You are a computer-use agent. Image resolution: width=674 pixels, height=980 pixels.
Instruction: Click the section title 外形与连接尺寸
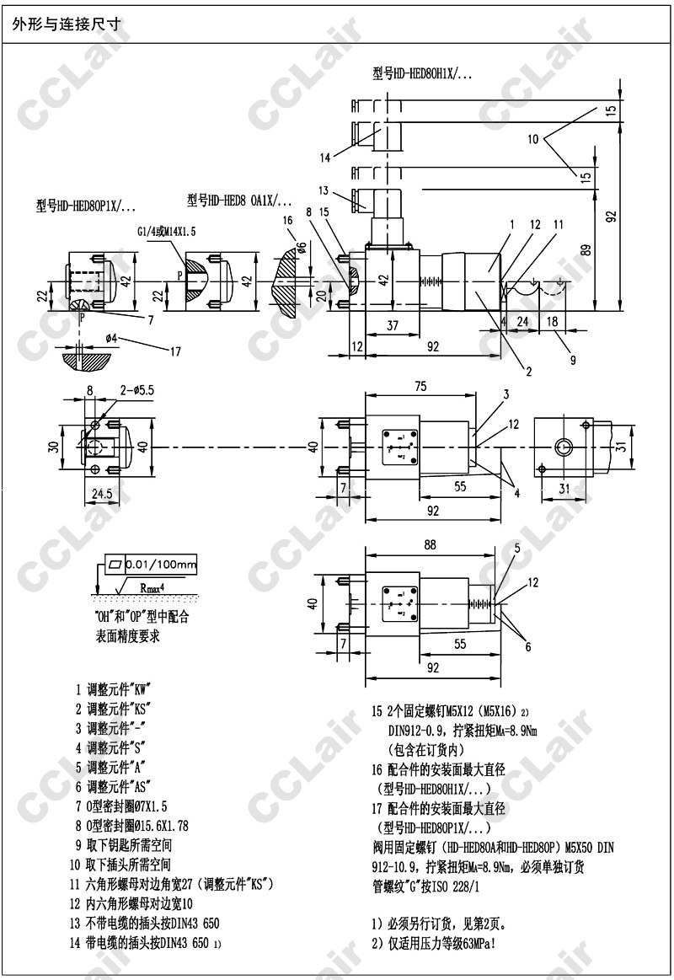tap(66, 24)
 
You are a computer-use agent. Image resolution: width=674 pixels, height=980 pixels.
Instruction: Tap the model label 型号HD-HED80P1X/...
tap(85, 205)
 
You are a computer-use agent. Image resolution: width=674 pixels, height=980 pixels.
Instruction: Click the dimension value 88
tap(430, 544)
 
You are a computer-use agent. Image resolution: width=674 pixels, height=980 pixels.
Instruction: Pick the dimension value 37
tap(393, 325)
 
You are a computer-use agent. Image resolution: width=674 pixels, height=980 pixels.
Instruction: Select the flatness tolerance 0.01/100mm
tap(159, 564)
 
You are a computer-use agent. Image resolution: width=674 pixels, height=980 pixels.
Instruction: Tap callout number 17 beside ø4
tap(174, 351)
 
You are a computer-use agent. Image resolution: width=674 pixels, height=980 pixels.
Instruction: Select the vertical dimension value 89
tap(587, 250)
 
